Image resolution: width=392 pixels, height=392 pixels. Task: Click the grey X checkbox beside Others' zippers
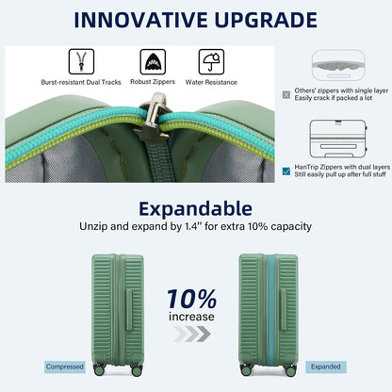click(x=286, y=93)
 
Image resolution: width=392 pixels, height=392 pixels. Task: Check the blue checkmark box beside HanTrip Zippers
click(x=286, y=170)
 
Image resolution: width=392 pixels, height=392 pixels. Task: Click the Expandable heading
click(x=195, y=209)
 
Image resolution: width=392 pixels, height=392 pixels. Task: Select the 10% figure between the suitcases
click(x=191, y=299)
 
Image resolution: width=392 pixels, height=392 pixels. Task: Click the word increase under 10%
click(x=192, y=318)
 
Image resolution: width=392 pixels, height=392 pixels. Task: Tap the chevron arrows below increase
click(x=192, y=334)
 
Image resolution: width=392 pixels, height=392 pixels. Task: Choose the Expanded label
click(x=326, y=367)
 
